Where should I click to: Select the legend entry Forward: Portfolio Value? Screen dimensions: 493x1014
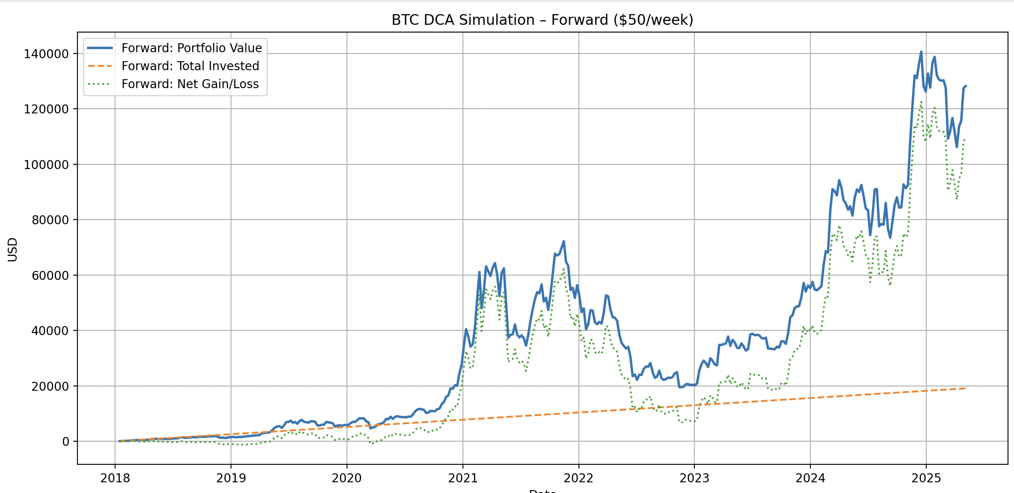click(191, 48)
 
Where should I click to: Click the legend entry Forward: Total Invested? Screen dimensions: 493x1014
click(190, 66)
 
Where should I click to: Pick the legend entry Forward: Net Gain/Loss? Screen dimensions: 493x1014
click(190, 84)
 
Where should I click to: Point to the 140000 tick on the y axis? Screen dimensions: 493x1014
click(46, 54)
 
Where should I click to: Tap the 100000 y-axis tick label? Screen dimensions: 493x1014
click(46, 165)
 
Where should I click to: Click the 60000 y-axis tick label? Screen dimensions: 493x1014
click(50, 276)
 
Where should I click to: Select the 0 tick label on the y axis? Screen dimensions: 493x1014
click(65, 442)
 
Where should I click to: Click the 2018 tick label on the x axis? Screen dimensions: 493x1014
click(115, 478)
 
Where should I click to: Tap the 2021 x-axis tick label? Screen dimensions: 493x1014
click(463, 478)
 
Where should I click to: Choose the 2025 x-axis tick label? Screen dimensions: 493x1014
click(926, 478)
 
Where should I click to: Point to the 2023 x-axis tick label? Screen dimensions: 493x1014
click(694, 478)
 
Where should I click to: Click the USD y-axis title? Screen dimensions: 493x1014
click(13, 249)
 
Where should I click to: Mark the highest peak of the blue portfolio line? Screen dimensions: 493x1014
click(921, 52)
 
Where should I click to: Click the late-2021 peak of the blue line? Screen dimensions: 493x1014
click(564, 241)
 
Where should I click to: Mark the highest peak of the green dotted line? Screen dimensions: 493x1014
click(921, 102)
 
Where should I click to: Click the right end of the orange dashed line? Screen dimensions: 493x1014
click(965, 388)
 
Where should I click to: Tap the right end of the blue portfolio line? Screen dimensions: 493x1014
click(966, 86)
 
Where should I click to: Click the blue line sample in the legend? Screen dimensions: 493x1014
click(100, 48)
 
